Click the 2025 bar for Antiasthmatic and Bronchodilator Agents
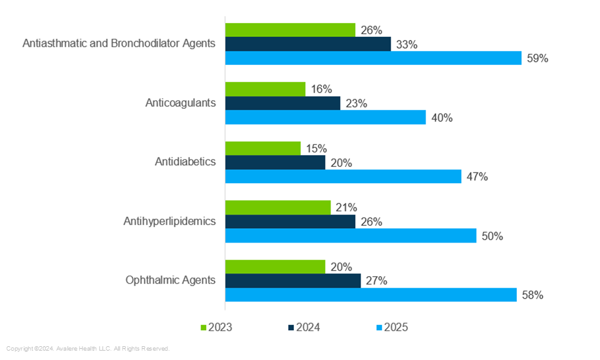373,58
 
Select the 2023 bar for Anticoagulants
265,89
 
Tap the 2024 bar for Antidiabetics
275,162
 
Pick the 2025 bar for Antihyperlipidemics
351,236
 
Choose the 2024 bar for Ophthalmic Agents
292,281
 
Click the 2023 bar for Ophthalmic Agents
275,266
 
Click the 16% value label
321,89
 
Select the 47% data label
477,177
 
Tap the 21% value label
346,207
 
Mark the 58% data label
532,295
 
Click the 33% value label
407,44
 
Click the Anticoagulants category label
181,102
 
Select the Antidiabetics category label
185,162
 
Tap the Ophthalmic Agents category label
171,280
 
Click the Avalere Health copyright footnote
88,349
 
